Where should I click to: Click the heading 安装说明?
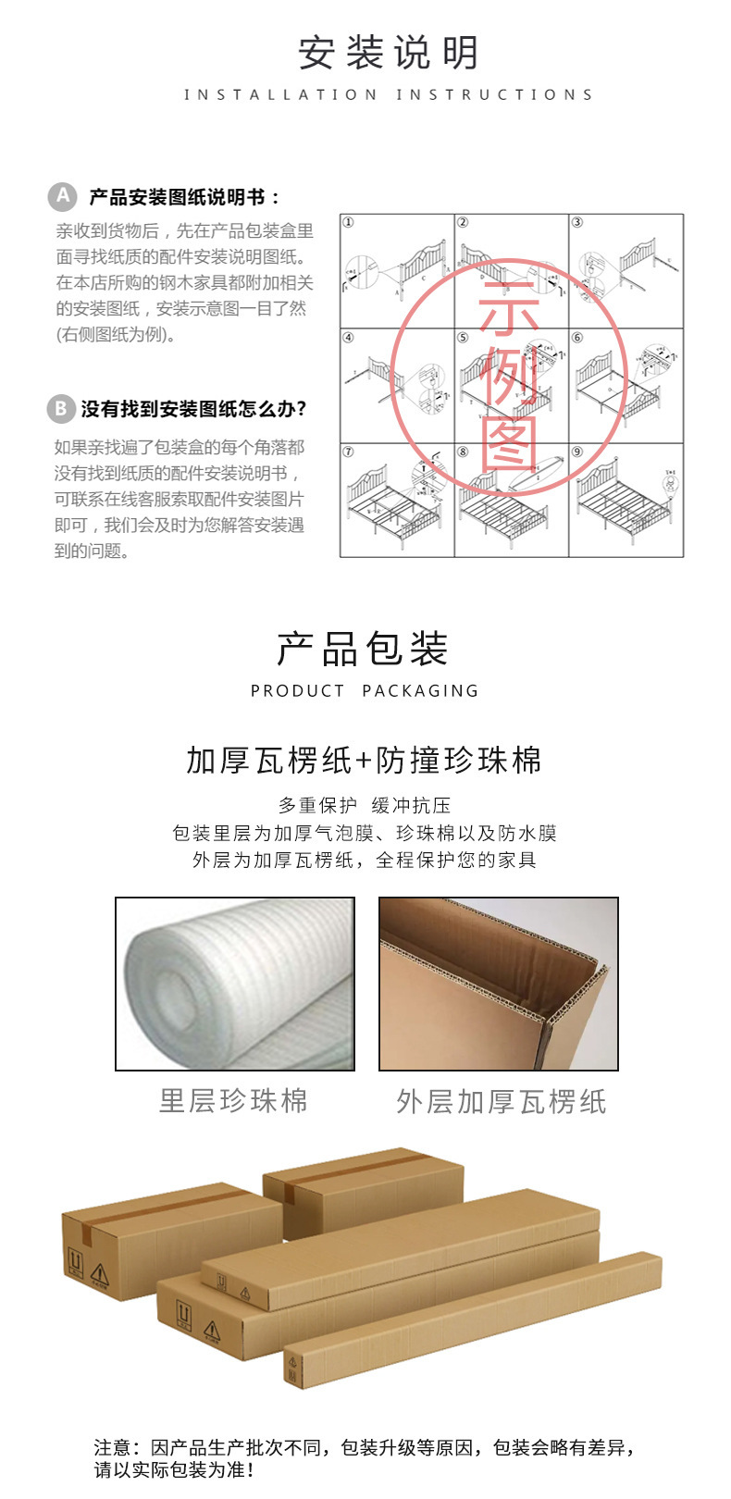coord(388,54)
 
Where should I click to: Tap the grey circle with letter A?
coord(62,196)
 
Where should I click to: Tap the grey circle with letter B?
coord(60,408)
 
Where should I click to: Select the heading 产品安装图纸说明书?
coord(184,197)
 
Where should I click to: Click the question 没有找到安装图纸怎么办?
coord(193,409)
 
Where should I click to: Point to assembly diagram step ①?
coord(397,271)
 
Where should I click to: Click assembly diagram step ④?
coord(397,385)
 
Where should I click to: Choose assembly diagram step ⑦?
coord(397,500)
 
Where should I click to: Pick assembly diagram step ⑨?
coord(626,500)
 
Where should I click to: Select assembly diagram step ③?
coord(626,271)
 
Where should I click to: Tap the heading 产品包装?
coord(364,650)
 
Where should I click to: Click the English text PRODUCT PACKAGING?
coord(365,691)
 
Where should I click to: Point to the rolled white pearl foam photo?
coord(235,984)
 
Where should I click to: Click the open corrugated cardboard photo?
coord(499,984)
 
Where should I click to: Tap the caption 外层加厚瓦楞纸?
coord(501,1102)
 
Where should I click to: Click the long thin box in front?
coord(472,1323)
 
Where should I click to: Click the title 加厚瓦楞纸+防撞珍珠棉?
coord(364,761)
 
